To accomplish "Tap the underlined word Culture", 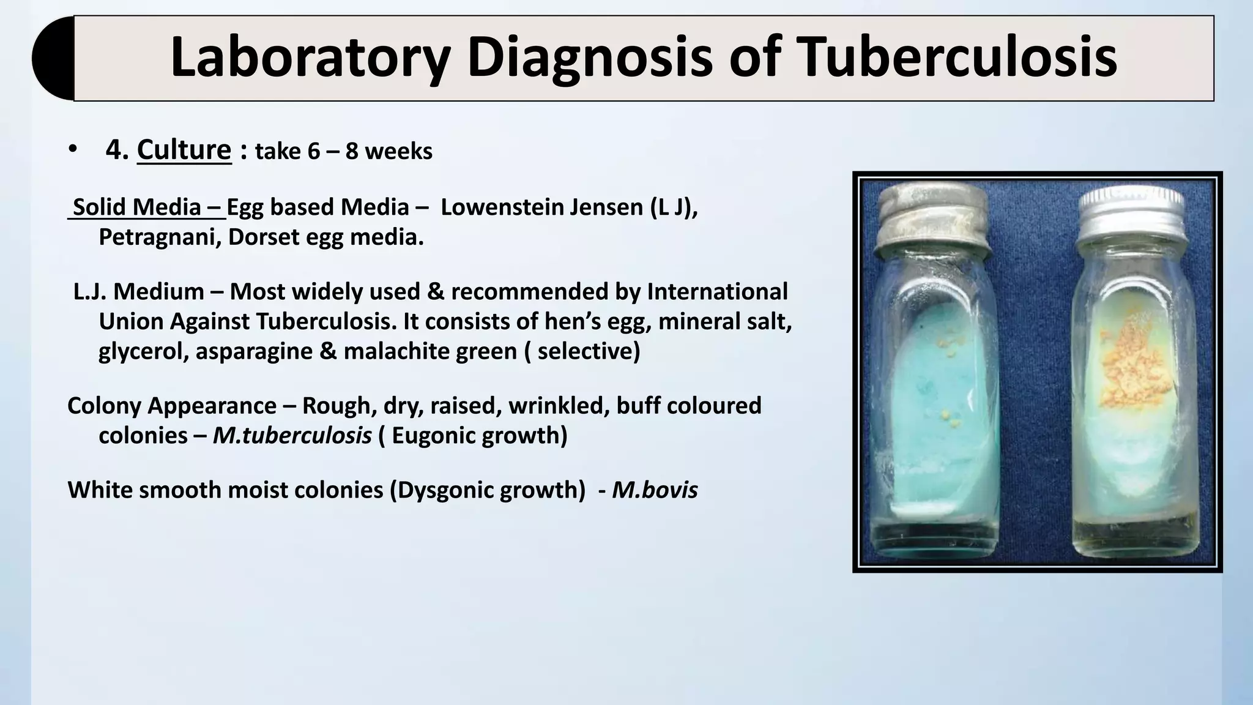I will [184, 150].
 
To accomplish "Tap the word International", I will [717, 292].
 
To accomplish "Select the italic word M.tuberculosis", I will [292, 436].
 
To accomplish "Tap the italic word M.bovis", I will [655, 490].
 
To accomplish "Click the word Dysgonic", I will [445, 490].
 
